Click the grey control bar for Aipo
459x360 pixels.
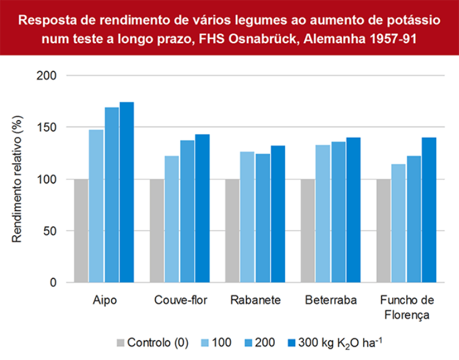pyautogui.click(x=81, y=231)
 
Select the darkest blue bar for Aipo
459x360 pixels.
pyautogui.click(x=127, y=192)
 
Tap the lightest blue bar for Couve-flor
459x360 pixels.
pyautogui.click(x=172, y=219)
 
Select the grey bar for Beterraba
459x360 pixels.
pyautogui.click(x=307, y=231)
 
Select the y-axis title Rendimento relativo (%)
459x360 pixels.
pyautogui.click(x=17, y=179)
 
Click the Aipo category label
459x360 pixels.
pyautogui.click(x=104, y=301)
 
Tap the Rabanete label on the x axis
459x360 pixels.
pyautogui.click(x=255, y=301)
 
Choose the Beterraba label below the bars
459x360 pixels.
pyautogui.click(x=331, y=301)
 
